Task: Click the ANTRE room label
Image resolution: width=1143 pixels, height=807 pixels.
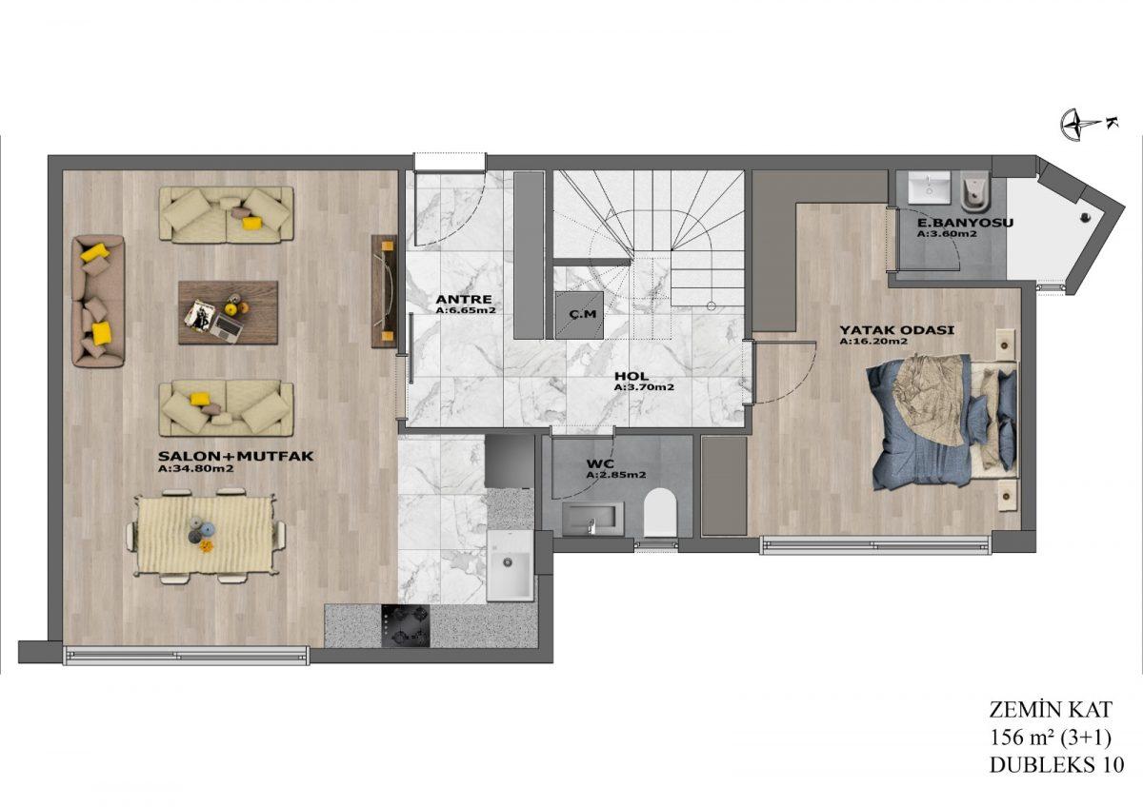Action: click(x=464, y=299)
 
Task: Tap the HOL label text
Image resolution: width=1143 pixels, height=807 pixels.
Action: click(x=632, y=376)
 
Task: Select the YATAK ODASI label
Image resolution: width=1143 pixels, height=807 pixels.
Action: click(x=897, y=330)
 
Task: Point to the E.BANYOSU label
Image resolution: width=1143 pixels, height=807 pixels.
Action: click(x=965, y=223)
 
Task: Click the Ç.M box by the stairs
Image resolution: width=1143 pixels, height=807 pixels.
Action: click(x=579, y=315)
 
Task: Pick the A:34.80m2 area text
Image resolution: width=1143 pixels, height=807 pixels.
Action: click(x=196, y=468)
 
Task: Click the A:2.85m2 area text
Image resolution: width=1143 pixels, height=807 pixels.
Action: click(x=616, y=475)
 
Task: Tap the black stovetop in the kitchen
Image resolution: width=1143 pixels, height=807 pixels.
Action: click(x=405, y=625)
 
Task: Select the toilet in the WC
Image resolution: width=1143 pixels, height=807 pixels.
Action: click(x=660, y=512)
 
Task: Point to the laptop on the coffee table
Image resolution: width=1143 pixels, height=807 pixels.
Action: click(x=227, y=326)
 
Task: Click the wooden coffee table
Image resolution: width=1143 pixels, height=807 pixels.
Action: click(x=228, y=312)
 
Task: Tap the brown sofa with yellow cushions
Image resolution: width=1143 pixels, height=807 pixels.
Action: click(x=98, y=301)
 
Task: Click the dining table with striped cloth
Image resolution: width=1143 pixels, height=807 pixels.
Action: click(x=206, y=535)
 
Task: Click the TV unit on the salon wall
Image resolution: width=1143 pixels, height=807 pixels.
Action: click(x=384, y=291)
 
